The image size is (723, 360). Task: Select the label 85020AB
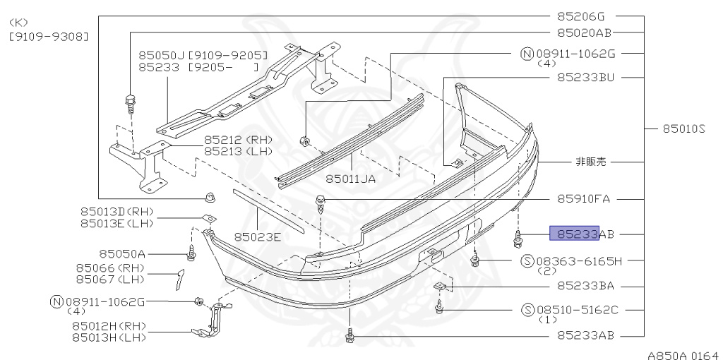[x=584, y=32]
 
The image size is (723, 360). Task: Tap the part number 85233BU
[x=585, y=77]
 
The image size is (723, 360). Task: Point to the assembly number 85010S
[x=683, y=128]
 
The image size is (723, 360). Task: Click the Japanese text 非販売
[x=590, y=162]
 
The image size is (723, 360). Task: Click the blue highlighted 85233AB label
[x=575, y=233]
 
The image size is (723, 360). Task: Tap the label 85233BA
[x=585, y=286]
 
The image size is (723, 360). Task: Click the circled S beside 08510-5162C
[x=527, y=310]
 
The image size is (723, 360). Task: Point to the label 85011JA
[x=350, y=179]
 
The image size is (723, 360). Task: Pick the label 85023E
[x=257, y=236]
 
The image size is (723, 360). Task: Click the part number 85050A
[x=121, y=253]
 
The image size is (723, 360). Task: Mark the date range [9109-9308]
[x=49, y=35]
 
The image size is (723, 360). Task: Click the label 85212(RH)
[x=238, y=140]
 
